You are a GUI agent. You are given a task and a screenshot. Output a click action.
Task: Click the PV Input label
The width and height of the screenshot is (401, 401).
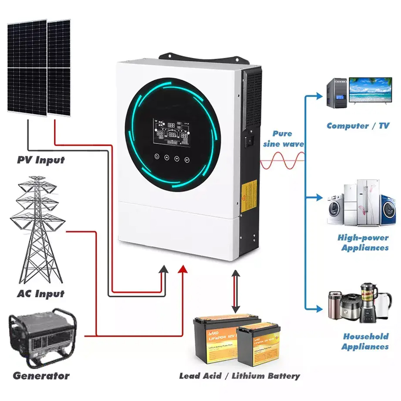pyautogui.click(x=41, y=160)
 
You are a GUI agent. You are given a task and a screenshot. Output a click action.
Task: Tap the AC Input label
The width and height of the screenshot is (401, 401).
pyautogui.click(x=41, y=294)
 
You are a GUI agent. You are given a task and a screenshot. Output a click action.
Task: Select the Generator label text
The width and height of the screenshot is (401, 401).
pyautogui.click(x=41, y=376)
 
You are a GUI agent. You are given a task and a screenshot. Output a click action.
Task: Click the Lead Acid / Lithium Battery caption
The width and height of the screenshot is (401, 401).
pyautogui.click(x=239, y=376)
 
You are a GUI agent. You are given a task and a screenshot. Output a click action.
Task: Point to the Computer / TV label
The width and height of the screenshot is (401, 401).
pyautogui.click(x=358, y=126)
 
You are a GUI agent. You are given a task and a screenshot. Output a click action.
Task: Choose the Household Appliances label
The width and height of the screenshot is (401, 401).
pyautogui.click(x=365, y=341)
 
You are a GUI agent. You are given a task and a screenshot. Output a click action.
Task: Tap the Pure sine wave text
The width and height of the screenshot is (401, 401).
pyautogui.click(x=283, y=139)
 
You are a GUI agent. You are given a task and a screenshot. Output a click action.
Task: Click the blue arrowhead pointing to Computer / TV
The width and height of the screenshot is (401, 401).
pyautogui.click(x=319, y=96)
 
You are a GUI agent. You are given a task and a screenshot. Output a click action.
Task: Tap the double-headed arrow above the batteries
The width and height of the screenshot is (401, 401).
pyautogui.click(x=236, y=292)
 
